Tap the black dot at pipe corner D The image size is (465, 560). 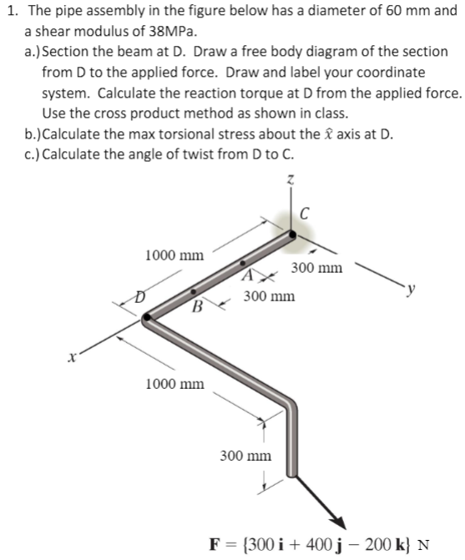click(148, 317)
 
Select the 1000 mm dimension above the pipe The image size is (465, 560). click(174, 254)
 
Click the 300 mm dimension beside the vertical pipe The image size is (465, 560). click(245, 456)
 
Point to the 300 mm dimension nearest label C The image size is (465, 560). click(317, 268)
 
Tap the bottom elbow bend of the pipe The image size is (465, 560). click(289, 407)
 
